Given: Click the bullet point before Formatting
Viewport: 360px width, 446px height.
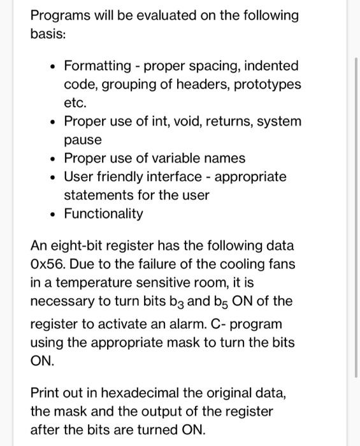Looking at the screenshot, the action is click(x=50, y=66).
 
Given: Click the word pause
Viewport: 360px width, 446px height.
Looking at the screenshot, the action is click(x=82, y=140).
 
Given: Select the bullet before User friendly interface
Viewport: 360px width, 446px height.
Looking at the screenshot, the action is click(x=50, y=176).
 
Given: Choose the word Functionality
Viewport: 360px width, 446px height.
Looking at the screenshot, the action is click(x=103, y=213).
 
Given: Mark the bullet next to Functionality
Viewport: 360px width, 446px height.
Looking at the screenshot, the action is click(x=50, y=213).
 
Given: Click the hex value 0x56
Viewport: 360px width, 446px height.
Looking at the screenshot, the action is click(x=49, y=264).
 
